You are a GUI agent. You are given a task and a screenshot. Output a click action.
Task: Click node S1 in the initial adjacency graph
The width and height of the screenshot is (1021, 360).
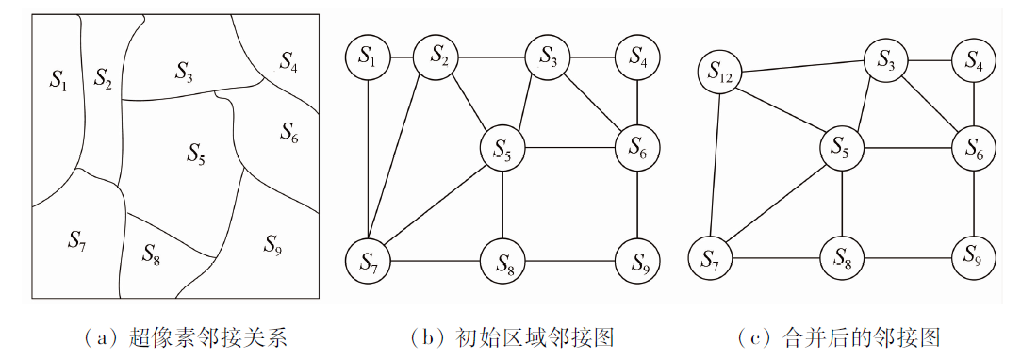(x=369, y=57)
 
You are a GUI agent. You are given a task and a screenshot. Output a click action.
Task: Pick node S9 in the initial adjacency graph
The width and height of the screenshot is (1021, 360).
(x=637, y=262)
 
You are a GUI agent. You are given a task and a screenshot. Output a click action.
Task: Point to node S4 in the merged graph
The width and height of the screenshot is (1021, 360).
(x=974, y=60)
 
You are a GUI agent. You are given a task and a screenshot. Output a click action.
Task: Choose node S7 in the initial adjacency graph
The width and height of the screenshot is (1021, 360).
(x=369, y=262)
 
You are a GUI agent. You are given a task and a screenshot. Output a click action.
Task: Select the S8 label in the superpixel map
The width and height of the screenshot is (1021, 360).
(x=151, y=253)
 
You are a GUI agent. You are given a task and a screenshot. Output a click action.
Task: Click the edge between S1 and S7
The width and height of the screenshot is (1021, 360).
(x=369, y=159)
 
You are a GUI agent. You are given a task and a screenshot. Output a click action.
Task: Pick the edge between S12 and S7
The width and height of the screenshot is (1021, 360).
(x=715, y=166)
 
